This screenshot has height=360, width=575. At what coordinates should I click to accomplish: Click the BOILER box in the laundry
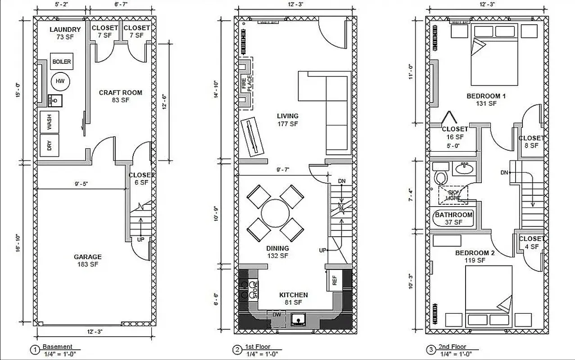[x=62, y=62]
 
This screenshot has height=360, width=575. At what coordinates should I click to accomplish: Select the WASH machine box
[x=50, y=121]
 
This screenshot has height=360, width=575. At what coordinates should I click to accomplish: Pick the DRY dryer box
[x=50, y=145]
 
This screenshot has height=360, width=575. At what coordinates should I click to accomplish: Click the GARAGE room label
[x=88, y=257]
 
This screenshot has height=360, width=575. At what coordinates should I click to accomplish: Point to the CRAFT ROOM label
[x=121, y=93]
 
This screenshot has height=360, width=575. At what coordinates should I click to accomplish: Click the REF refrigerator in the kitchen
[x=334, y=280]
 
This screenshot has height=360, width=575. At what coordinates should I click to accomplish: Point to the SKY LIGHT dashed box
[x=453, y=194]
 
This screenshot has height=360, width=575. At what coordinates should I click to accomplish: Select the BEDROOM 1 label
[x=486, y=96]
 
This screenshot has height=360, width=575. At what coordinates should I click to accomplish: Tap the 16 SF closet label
[x=455, y=137]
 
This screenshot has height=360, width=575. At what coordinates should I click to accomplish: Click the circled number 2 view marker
[x=237, y=350]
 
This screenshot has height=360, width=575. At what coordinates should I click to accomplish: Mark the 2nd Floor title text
[x=453, y=346]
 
